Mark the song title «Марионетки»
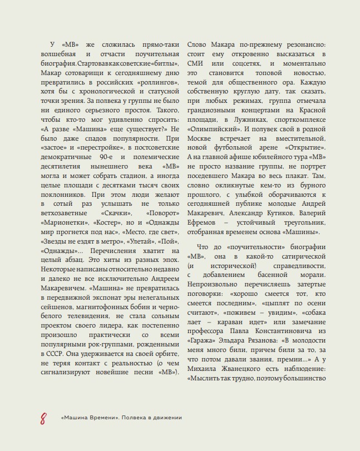tap(64, 222)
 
